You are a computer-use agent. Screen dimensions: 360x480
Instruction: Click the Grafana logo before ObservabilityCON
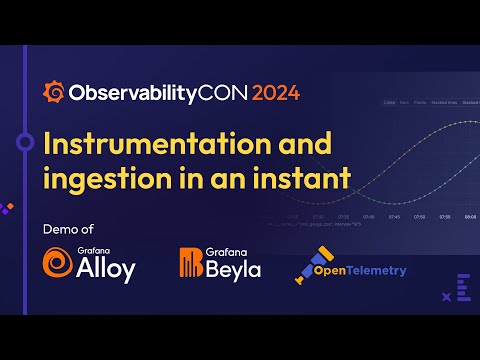(x=54, y=93)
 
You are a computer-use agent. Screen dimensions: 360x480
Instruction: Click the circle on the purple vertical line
(x=26, y=143)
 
